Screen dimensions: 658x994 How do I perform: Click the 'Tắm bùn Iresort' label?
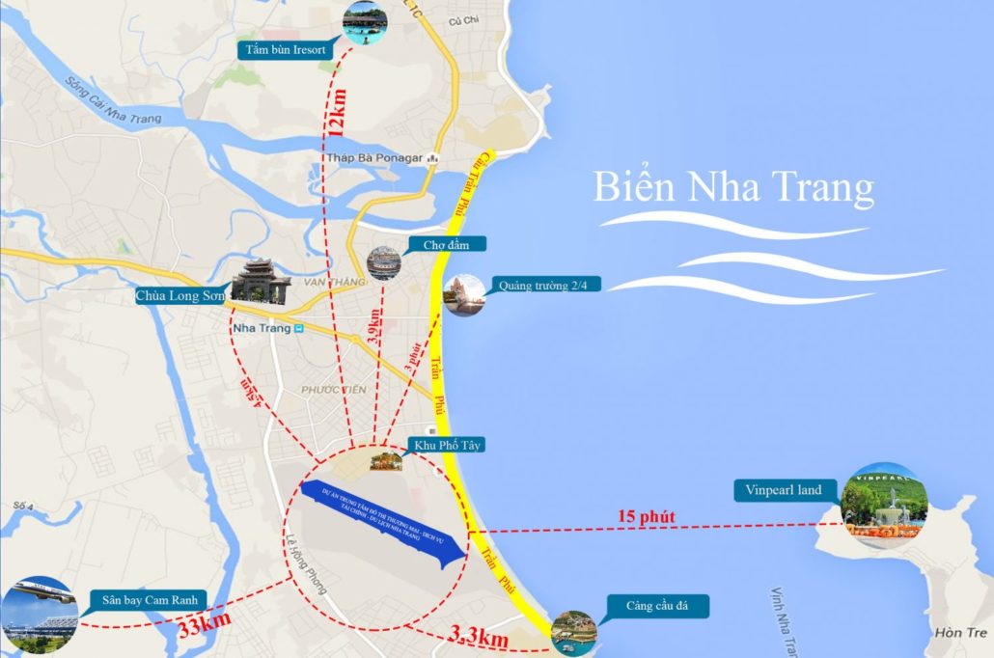pos(287,49)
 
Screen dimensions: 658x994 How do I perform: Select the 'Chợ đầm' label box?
pos(446,244)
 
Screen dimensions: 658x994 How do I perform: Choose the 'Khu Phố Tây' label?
pos(447,445)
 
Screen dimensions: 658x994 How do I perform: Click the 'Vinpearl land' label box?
pos(783,490)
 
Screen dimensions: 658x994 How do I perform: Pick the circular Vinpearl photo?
pos(884,507)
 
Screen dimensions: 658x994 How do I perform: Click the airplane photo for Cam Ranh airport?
pos(39,613)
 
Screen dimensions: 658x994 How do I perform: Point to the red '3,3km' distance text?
pos(480,637)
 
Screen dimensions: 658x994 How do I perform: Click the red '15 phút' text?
pos(646,517)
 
